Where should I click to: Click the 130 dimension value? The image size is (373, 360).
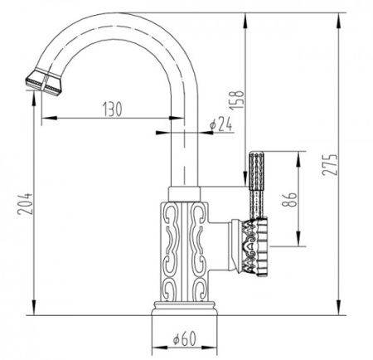(x=113, y=109)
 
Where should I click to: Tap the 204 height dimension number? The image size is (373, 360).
(x=25, y=204)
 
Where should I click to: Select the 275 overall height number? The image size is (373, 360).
(x=330, y=165)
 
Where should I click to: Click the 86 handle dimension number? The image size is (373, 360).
(x=289, y=199)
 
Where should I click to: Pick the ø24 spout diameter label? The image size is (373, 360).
(x=221, y=124)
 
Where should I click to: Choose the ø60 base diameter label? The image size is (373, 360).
(x=185, y=338)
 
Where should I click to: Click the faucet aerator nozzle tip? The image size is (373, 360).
(x=44, y=81)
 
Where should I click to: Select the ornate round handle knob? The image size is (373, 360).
(x=256, y=247)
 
